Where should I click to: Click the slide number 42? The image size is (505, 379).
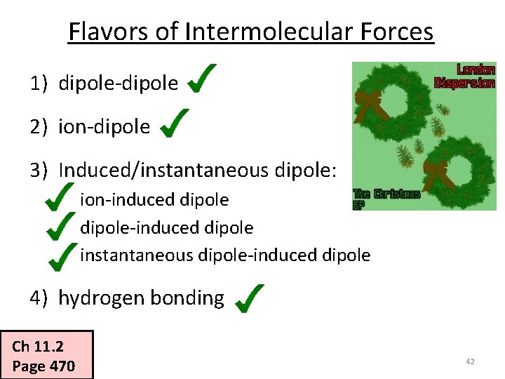(470, 361)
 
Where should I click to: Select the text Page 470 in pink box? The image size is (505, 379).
(43, 366)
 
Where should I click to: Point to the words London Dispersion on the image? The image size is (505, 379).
(466, 76)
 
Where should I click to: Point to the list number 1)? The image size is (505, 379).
(38, 84)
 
